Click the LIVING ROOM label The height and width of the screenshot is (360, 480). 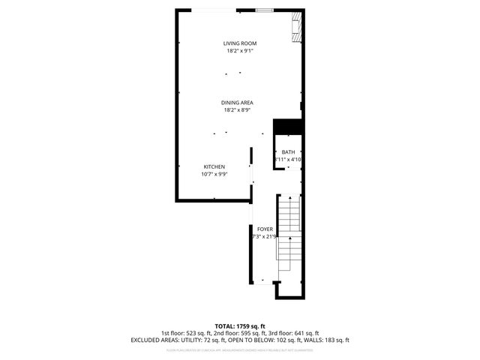point(240,43)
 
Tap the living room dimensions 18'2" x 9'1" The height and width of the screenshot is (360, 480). point(240,51)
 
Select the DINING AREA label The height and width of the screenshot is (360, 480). point(237,103)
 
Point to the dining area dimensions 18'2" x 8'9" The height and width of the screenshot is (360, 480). point(237,110)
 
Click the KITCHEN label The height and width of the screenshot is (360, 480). point(214,166)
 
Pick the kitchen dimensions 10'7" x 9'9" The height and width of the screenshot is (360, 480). point(214,174)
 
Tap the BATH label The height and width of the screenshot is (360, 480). point(288,152)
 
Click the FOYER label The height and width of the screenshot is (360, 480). point(265,229)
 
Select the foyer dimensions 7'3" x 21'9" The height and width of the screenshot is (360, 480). point(265,236)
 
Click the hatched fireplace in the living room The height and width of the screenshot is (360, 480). point(298,27)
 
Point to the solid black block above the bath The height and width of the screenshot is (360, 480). point(287,127)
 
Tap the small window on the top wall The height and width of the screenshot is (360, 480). point(263,10)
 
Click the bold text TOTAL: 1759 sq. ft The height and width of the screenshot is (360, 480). point(240,326)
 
